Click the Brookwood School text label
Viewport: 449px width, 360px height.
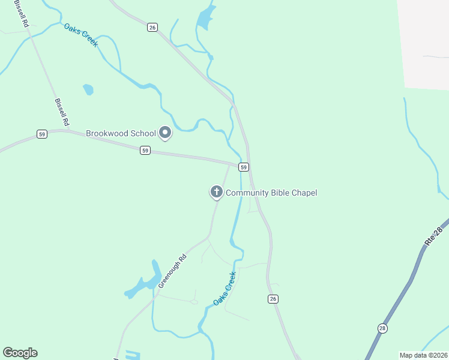click(121, 133)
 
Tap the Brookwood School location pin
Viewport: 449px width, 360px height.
click(165, 133)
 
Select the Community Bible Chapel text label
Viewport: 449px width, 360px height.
click(271, 193)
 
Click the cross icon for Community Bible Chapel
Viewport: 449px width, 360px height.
click(215, 192)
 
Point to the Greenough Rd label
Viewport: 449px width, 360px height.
click(173, 271)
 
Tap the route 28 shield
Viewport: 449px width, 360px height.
click(382, 328)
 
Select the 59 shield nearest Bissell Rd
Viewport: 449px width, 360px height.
click(41, 134)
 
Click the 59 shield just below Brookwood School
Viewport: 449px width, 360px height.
click(145, 151)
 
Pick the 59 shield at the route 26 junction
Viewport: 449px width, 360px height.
click(243, 166)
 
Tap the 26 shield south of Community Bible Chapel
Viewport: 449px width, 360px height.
click(273, 299)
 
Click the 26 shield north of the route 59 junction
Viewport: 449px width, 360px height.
click(152, 26)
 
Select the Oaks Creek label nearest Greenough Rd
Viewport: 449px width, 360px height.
click(224, 289)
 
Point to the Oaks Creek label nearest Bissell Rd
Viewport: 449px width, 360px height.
click(81, 35)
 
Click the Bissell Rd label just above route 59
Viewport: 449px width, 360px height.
click(61, 112)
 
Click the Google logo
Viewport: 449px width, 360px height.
click(20, 353)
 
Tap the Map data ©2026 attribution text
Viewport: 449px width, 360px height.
click(423, 355)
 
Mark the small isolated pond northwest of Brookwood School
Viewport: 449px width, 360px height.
click(88, 89)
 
